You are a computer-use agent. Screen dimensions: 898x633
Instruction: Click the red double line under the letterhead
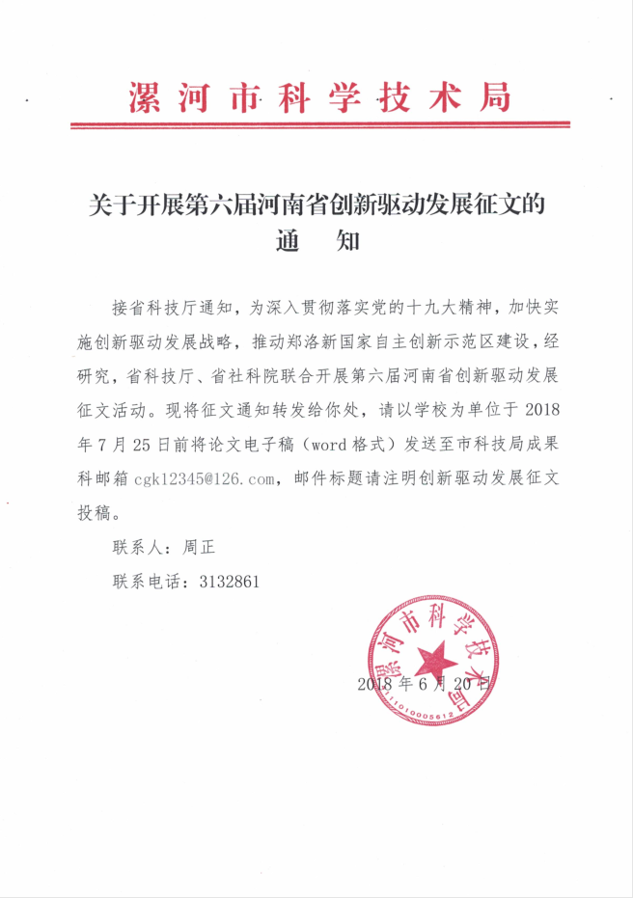[x=319, y=125]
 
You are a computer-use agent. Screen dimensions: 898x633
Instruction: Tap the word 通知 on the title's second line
[x=317, y=240]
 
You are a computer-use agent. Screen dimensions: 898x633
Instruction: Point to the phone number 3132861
[x=227, y=582]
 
